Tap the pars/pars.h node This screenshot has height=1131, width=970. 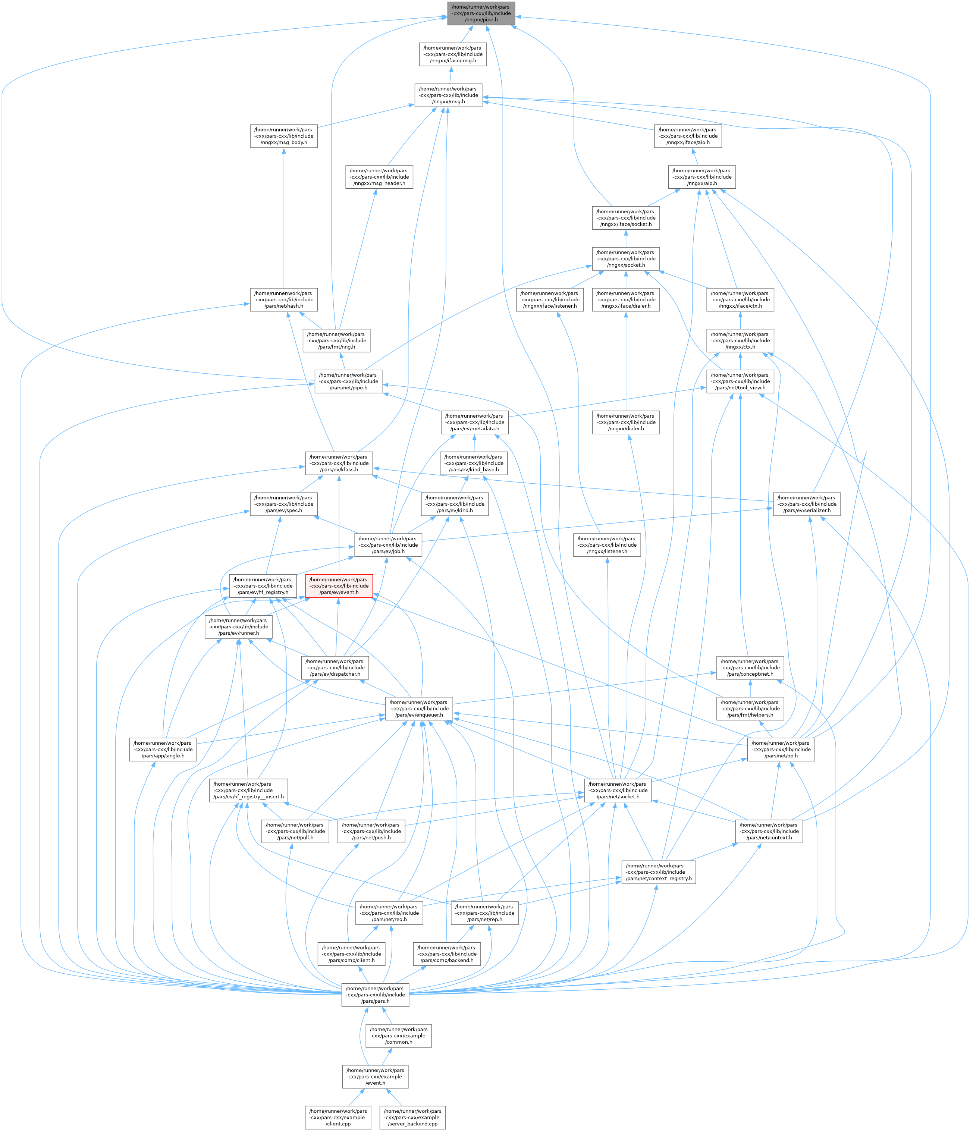(376, 995)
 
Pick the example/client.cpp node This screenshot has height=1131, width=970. (338, 1117)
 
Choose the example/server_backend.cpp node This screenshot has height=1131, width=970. (413, 1117)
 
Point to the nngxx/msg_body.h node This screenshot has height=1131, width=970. (284, 136)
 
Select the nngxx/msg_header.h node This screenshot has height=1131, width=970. (379, 177)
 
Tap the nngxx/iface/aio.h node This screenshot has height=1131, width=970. (688, 136)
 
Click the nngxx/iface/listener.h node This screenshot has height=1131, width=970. (550, 300)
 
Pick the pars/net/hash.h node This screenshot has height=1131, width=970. (284, 300)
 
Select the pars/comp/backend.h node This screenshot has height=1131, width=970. (446, 954)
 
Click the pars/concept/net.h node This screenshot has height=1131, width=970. (750, 667)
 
